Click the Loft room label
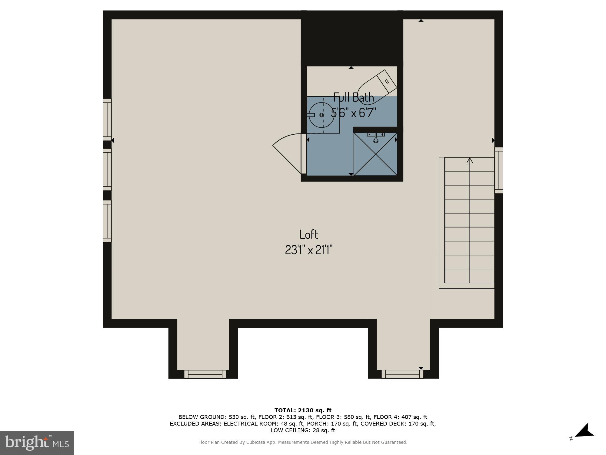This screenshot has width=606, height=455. (308, 234)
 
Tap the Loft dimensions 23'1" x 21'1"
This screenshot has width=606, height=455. (308, 250)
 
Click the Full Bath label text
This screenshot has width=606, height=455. (353, 97)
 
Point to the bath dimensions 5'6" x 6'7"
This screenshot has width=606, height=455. (353, 113)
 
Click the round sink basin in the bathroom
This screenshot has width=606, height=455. (321, 115)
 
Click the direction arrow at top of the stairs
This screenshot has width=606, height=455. (470, 160)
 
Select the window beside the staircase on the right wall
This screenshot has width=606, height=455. (498, 170)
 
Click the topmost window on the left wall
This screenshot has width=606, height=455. (107, 120)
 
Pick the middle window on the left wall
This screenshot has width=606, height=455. (107, 169)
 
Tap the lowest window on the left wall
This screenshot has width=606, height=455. (107, 221)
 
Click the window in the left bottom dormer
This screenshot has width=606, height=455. (205, 374)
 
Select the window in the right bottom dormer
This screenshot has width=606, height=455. (402, 374)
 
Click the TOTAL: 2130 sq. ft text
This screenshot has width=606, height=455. (303, 410)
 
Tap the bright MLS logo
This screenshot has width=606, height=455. (37, 443)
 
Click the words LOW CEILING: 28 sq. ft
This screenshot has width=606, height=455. (303, 430)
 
